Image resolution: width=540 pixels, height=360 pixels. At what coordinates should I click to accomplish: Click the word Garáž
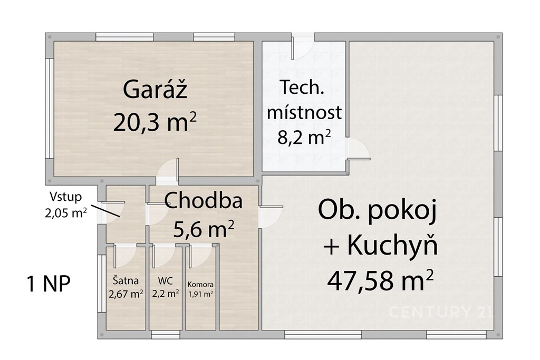pyautogui.click(x=155, y=89)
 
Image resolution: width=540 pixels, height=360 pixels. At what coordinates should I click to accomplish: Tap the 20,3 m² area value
pyautogui.click(x=155, y=122)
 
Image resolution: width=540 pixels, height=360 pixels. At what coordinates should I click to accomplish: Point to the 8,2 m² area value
pyautogui.click(x=304, y=137)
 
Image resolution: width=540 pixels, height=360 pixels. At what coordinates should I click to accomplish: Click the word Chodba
pyautogui.click(x=203, y=200)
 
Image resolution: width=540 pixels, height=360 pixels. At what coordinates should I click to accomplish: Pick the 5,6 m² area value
pyautogui.click(x=204, y=229)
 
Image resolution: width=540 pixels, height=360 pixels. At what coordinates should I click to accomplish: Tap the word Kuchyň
pyautogui.click(x=392, y=246)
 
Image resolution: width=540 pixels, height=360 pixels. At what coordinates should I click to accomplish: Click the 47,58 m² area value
pyautogui.click(x=380, y=280)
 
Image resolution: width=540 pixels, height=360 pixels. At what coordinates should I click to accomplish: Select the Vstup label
pyautogui.click(x=65, y=197)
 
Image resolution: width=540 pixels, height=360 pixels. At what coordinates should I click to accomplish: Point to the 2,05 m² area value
pyautogui.click(x=65, y=212)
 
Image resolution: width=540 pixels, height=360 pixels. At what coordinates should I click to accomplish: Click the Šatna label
pyautogui.click(x=126, y=280)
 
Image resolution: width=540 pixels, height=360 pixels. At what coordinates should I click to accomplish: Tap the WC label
pyautogui.click(x=165, y=281)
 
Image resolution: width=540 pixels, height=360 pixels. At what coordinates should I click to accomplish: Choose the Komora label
pyautogui.click(x=200, y=285)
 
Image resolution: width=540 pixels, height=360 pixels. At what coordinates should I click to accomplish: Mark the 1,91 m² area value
pyautogui.click(x=200, y=294)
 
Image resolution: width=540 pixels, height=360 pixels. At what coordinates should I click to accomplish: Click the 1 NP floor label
pyautogui.click(x=48, y=284)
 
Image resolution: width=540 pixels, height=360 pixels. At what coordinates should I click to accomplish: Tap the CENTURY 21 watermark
pyautogui.click(x=441, y=312)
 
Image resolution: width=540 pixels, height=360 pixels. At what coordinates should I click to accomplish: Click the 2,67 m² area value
pyautogui.click(x=126, y=294)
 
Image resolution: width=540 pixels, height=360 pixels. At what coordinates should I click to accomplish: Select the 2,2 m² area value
pyautogui.click(x=165, y=294)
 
